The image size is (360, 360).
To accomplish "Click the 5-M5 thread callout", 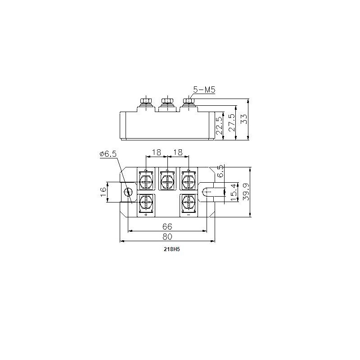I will (x=204, y=90).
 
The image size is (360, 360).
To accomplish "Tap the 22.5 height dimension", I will (x=219, y=126).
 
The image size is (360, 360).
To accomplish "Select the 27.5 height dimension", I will (x=231, y=122).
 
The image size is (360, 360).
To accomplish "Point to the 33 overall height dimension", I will (x=244, y=119).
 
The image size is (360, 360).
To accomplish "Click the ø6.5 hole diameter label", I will (x=108, y=154).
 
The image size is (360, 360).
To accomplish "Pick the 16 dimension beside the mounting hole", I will (x=103, y=192).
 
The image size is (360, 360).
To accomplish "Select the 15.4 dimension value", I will (x=233, y=193).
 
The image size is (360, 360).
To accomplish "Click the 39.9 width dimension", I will (x=245, y=193).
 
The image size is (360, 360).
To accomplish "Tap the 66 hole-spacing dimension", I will (x=167, y=226).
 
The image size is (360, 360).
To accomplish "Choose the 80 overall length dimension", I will (x=167, y=236).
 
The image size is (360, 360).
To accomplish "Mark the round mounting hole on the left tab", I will (x=129, y=193).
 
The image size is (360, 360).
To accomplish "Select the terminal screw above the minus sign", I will (x=188, y=203).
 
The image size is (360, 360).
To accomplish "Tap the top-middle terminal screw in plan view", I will (x=167, y=181).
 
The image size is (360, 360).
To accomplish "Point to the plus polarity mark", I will (x=146, y=215).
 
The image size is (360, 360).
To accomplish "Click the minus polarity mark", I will (x=188, y=215).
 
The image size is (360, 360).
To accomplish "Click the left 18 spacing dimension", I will (x=157, y=153).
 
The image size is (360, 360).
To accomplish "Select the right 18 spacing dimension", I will (x=178, y=153).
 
